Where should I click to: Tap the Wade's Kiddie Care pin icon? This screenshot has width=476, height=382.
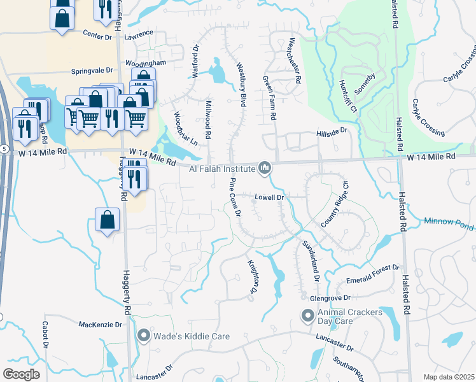[x=144, y=335]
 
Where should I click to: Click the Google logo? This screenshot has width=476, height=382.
[x=21, y=374]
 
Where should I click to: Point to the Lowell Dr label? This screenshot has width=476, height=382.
[x=272, y=197]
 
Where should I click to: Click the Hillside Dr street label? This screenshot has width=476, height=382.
[x=332, y=132]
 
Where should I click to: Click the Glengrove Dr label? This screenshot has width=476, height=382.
[x=330, y=297]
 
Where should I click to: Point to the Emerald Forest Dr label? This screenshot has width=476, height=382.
[x=372, y=274]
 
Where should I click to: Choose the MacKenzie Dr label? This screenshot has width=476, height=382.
[x=100, y=325]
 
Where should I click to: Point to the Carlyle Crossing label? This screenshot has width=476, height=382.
[x=428, y=118]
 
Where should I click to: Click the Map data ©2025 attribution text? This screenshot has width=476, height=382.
[x=449, y=377]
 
